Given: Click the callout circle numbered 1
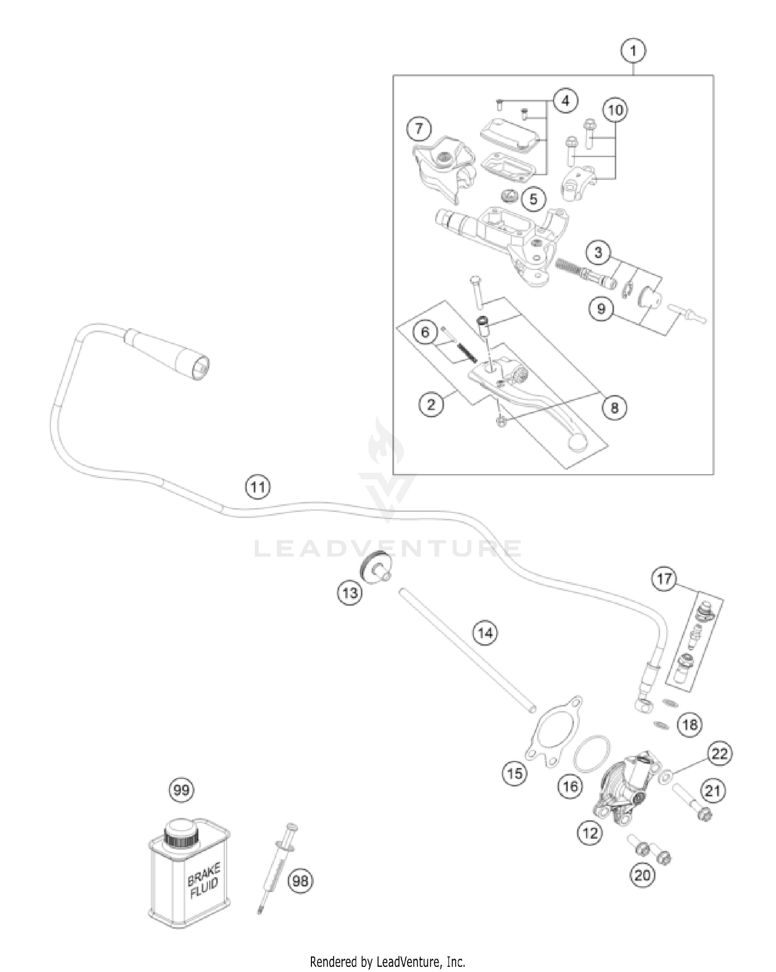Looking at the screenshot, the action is [x=634, y=51].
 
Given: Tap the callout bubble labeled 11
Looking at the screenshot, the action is [x=258, y=487].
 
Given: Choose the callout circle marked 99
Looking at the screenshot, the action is [x=182, y=789].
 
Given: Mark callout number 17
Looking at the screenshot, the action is [x=664, y=578].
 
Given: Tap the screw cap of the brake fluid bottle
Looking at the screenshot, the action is [x=181, y=831].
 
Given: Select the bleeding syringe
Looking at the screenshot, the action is [x=277, y=868].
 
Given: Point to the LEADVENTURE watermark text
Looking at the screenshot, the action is [x=387, y=548].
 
